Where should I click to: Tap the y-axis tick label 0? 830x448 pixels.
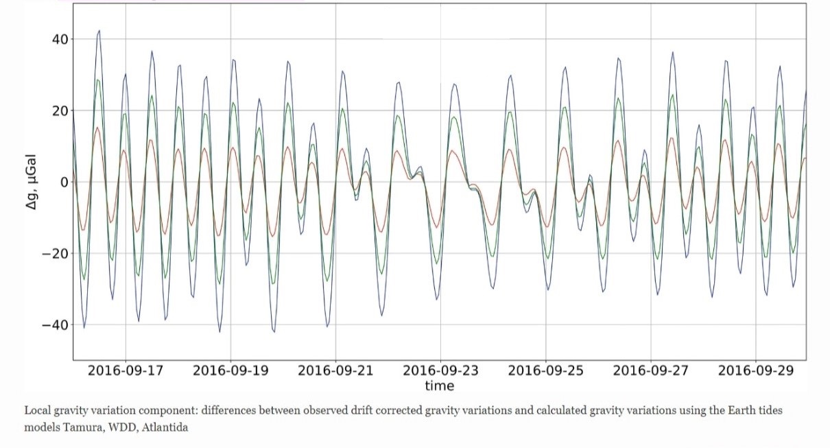pyautogui.click(x=62, y=182)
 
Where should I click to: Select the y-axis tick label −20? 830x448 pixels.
pyautogui.click(x=52, y=253)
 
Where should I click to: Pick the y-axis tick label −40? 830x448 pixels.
pyautogui.click(x=52, y=325)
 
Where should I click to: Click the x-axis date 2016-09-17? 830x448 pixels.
pyautogui.click(x=126, y=370)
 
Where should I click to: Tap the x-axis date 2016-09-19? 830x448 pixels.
pyautogui.click(x=230, y=370)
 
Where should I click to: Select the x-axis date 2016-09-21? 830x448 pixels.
pyautogui.click(x=335, y=370)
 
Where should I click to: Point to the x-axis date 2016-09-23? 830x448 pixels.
pyautogui.click(x=440, y=370)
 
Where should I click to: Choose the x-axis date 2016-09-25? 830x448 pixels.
pyautogui.click(x=545, y=370)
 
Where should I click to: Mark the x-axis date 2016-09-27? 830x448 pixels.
pyautogui.click(x=650, y=370)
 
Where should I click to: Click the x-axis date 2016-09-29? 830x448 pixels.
pyautogui.click(x=755, y=370)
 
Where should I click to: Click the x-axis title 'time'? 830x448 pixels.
pyautogui.click(x=439, y=386)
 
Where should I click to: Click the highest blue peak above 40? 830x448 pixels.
pyautogui.click(x=99, y=30)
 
